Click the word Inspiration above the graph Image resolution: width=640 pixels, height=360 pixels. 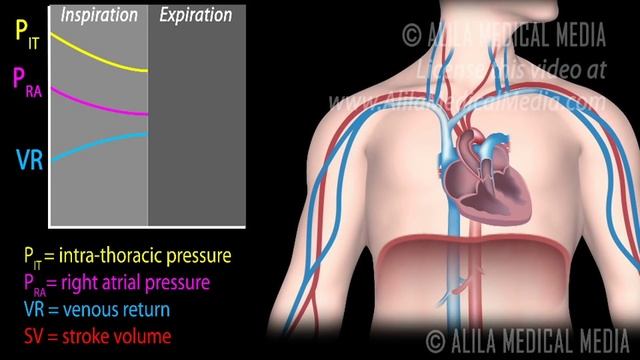click(100, 14)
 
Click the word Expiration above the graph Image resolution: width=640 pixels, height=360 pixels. click(196, 14)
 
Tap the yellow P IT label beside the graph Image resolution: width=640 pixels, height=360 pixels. click(23, 33)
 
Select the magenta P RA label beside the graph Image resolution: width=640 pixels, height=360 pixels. click(25, 81)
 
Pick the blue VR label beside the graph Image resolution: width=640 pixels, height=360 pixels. click(28, 158)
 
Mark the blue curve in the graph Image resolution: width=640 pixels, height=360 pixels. click(100, 142)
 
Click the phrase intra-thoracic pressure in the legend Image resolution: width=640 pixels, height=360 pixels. click(150, 256)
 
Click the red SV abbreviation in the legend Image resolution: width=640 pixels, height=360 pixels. click(33, 335)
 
